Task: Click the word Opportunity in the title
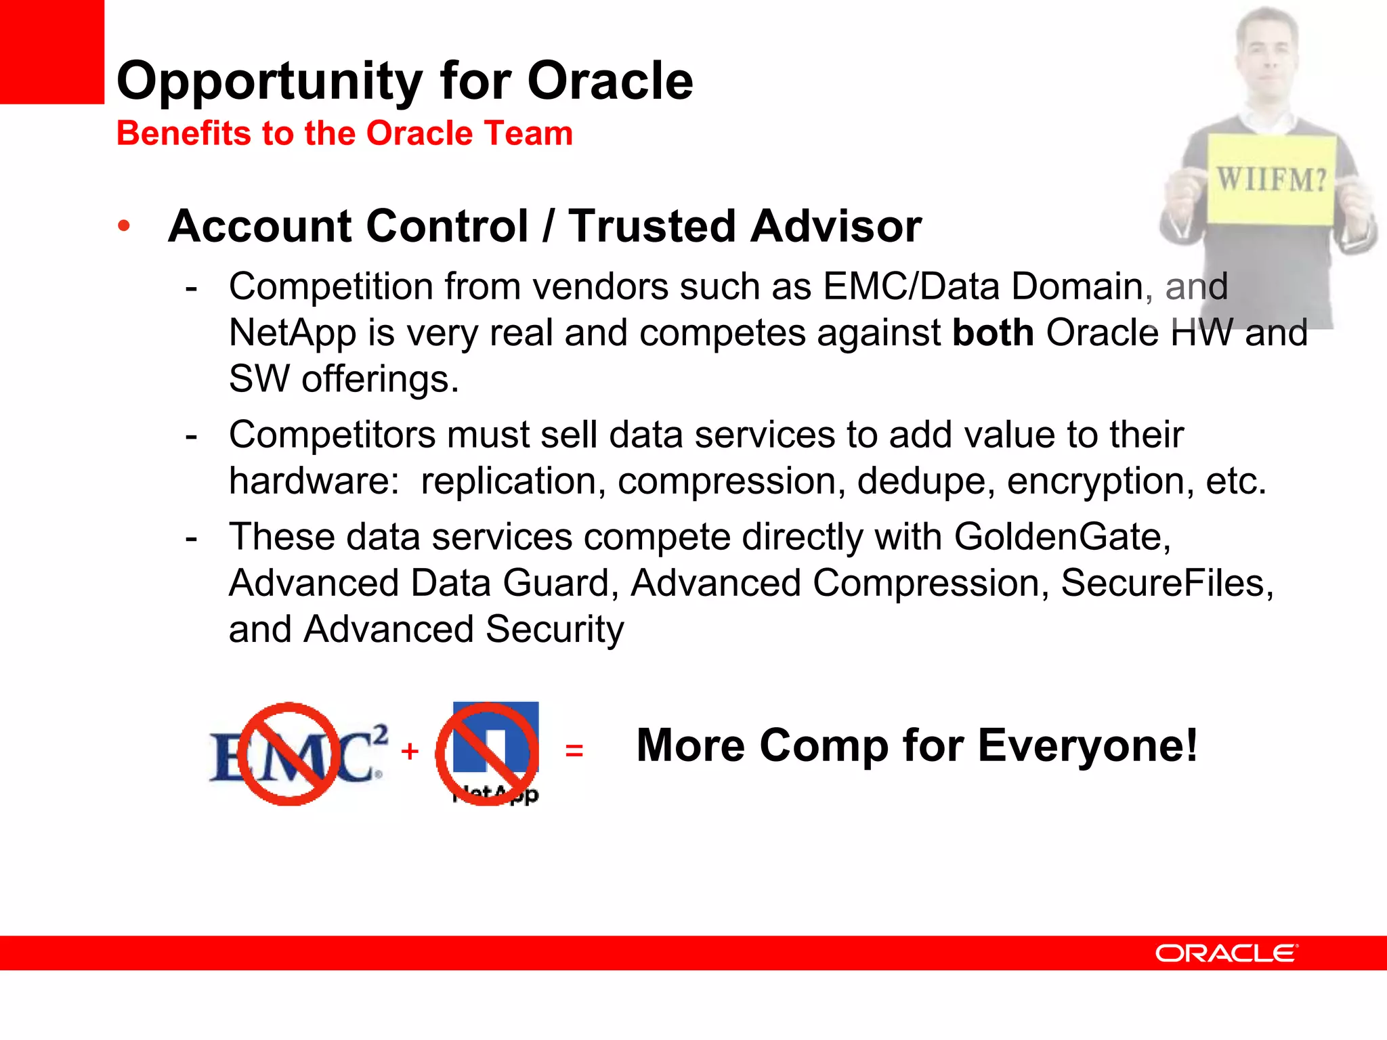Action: pyautogui.click(x=270, y=82)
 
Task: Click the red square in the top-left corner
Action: pyautogui.click(x=51, y=51)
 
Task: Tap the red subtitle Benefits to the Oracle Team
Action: pyautogui.click(x=344, y=133)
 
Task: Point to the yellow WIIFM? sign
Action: pyautogui.click(x=1271, y=179)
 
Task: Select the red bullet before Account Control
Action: pyautogui.click(x=123, y=226)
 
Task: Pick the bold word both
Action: pyautogui.click(x=993, y=332)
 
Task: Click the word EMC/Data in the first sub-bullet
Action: pyautogui.click(x=911, y=286)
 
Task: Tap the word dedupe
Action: pyautogui.click(x=926, y=481)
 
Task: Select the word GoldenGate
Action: pyautogui.click(x=1061, y=537)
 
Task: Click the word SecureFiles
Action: pyautogui.click(x=1166, y=583)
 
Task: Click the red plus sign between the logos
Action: pyautogui.click(x=410, y=751)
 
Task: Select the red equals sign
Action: pyautogui.click(x=574, y=750)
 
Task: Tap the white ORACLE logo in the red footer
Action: pyautogui.click(x=1226, y=953)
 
